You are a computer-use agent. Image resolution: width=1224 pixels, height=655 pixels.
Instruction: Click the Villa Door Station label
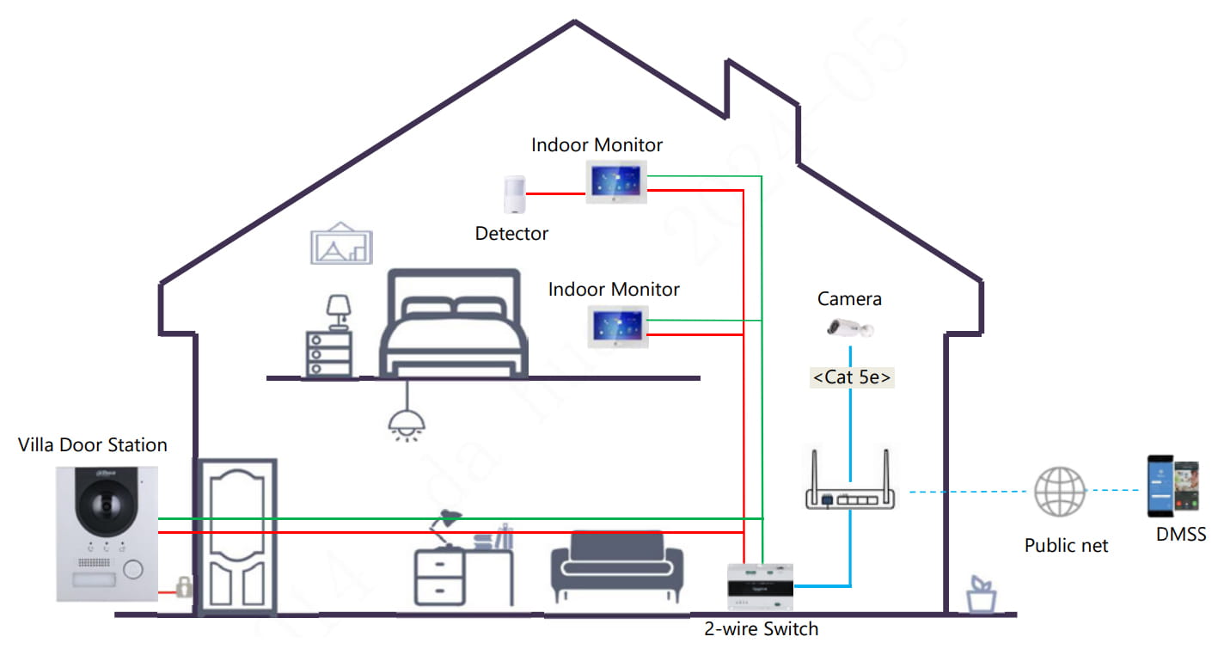pyautogui.click(x=93, y=444)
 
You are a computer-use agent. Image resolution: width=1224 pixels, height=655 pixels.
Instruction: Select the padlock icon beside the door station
pyautogui.click(x=183, y=589)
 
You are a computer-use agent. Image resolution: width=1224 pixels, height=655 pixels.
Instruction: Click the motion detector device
pyautogui.click(x=513, y=195)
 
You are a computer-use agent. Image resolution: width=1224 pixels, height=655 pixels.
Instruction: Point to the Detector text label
pyautogui.click(x=511, y=233)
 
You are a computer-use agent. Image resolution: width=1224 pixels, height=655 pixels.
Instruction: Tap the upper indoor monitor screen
pyautogui.click(x=616, y=181)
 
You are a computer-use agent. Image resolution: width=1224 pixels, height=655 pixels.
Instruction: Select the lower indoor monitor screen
pyautogui.click(x=616, y=326)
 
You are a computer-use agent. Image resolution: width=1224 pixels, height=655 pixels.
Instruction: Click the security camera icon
pyautogui.click(x=850, y=327)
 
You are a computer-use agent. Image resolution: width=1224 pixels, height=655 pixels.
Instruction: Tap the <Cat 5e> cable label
pyautogui.click(x=852, y=376)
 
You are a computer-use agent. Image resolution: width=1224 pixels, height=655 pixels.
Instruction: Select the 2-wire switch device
pyautogui.click(x=760, y=587)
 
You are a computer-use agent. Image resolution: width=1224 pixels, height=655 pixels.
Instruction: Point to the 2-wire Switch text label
pyautogui.click(x=762, y=629)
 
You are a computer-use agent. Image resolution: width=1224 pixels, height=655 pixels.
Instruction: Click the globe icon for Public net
pyautogui.click(x=1058, y=492)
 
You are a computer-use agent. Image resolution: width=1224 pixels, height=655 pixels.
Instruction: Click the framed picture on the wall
pyautogui.click(x=341, y=243)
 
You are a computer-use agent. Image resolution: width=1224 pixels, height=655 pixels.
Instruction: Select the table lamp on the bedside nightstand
pyautogui.click(x=339, y=310)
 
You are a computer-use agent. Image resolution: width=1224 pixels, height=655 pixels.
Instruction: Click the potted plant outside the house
pyautogui.click(x=980, y=594)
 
